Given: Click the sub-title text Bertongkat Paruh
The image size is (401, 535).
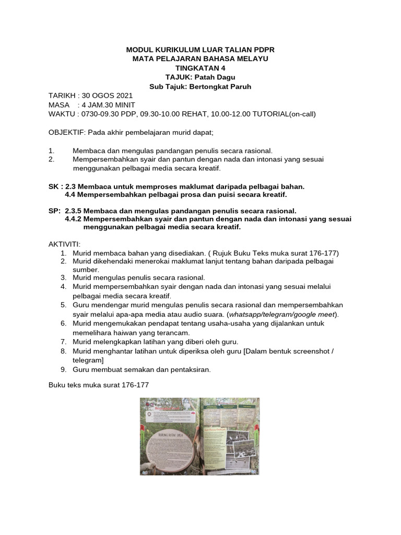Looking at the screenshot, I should (x=222, y=87).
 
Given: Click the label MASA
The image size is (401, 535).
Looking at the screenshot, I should (x=59, y=104).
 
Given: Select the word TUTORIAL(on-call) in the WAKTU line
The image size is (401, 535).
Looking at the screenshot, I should (x=285, y=113).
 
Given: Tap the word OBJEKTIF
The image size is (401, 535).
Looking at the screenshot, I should (x=66, y=132).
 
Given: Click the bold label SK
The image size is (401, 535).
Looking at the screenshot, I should (x=53, y=186).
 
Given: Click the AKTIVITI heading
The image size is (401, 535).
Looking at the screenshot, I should (x=65, y=244).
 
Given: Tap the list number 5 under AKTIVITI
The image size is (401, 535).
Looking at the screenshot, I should (x=63, y=305).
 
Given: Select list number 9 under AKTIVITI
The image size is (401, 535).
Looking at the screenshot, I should (x=63, y=369).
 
